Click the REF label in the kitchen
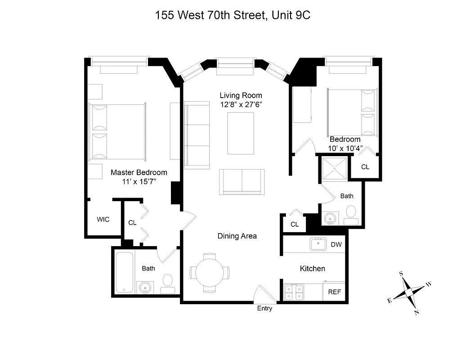click(334, 292)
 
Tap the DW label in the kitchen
click(336, 245)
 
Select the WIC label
click(103, 220)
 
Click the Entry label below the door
click(264, 309)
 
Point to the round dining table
click(210, 273)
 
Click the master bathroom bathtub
click(124, 272)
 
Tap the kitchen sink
click(318, 244)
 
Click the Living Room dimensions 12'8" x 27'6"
click(241, 104)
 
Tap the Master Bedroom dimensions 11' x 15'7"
click(139, 182)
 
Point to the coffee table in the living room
click(242, 134)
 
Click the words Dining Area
click(237, 236)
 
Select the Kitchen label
click(313, 269)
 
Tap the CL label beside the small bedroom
click(365, 167)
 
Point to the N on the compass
click(417, 312)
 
